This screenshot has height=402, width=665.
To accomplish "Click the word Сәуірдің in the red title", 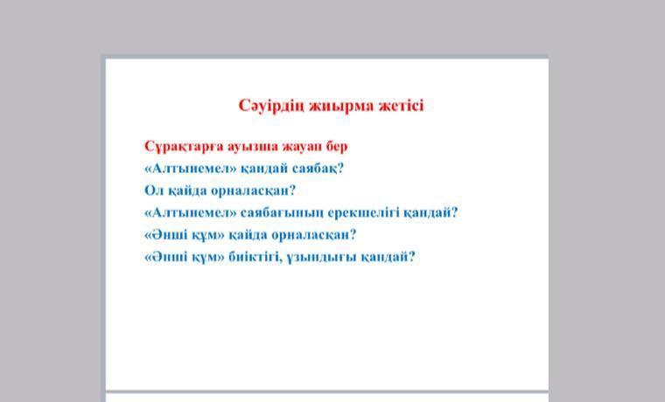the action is (x=271, y=106).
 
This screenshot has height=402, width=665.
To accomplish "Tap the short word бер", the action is (x=337, y=147).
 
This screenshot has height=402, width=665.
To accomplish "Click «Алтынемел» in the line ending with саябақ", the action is (x=191, y=169).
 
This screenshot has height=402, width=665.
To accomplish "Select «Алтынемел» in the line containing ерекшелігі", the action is (x=191, y=212).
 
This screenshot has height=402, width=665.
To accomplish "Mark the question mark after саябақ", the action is (x=340, y=169).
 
